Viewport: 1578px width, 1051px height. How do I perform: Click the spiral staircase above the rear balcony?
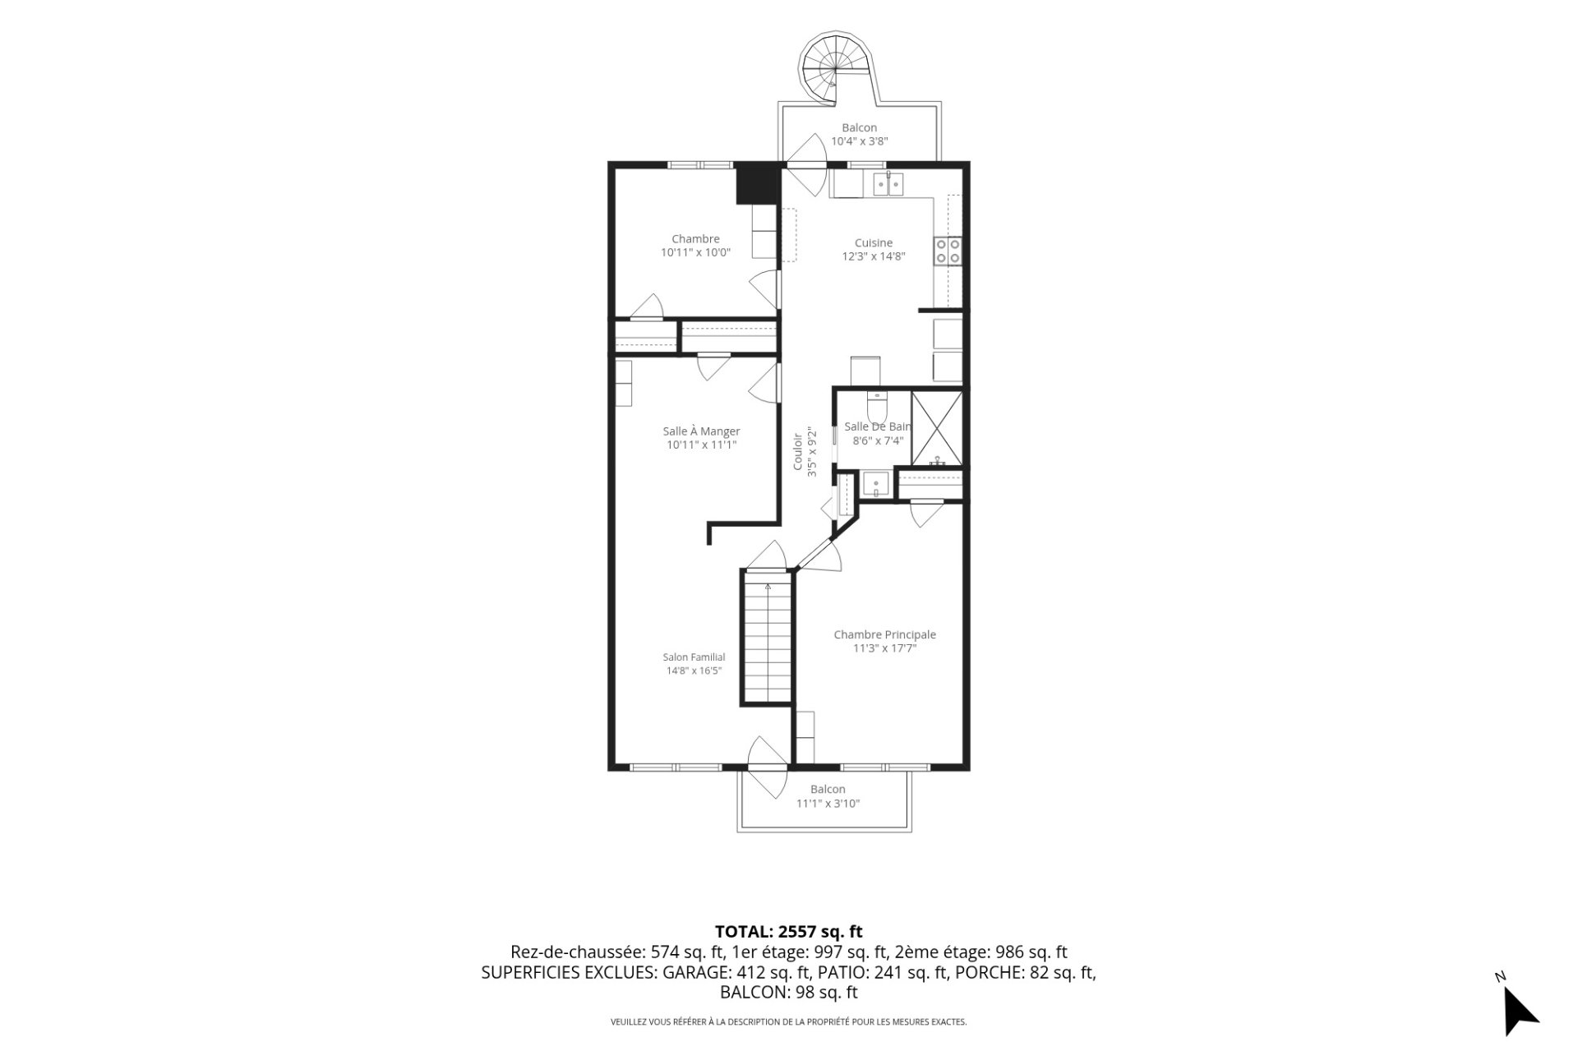coord(834,70)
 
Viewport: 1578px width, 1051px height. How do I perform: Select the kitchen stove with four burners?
coord(948,251)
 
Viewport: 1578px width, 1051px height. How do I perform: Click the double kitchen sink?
coord(888,185)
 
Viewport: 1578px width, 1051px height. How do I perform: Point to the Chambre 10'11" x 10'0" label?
coord(695,246)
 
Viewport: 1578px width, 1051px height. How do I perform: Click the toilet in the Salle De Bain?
coord(877,406)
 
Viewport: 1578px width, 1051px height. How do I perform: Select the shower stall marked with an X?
coord(937,429)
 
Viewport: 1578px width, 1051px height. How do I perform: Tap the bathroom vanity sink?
coord(877,485)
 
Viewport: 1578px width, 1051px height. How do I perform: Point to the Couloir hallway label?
coord(804,452)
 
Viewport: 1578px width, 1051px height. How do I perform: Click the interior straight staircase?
coord(768,637)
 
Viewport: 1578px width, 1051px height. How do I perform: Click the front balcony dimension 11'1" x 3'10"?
coord(828,804)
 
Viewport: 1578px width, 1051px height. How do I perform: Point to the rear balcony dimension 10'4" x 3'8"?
coord(860,141)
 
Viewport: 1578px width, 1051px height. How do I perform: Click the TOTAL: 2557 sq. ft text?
coord(789,932)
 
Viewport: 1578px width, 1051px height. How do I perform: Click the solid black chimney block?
coord(756,185)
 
